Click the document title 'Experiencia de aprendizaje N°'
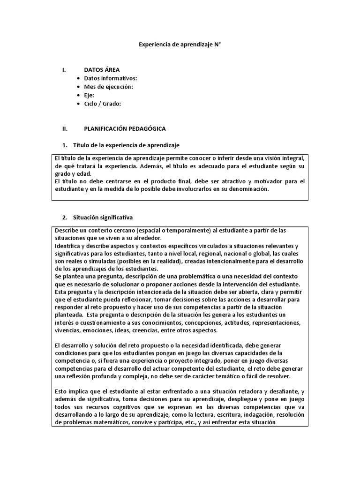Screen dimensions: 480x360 (x=180, y=45)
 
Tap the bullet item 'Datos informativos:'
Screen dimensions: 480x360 (x=110, y=78)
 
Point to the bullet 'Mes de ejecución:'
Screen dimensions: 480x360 (x=108, y=87)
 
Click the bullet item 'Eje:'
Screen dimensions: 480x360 (x=89, y=95)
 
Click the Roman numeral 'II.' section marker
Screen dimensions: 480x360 (x=65, y=128)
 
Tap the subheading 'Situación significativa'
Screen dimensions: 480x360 (x=103, y=217)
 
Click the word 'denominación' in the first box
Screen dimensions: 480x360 (x=251, y=189)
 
